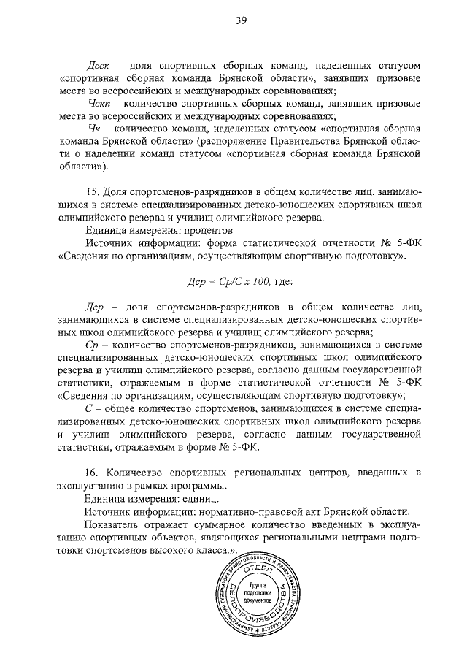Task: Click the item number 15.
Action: pyautogui.click(x=91, y=192)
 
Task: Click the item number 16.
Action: pyautogui.click(x=92, y=474)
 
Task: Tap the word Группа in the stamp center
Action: pyautogui.click(x=257, y=587)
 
